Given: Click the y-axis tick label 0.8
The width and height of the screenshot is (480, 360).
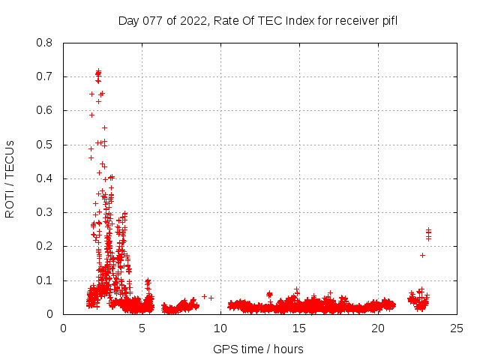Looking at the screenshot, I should pyautogui.click(x=46, y=43).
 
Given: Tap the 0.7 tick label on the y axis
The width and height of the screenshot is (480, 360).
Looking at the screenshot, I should pyautogui.click(x=46, y=76).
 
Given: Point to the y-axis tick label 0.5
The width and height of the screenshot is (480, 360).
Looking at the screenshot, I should pyautogui.click(x=46, y=145).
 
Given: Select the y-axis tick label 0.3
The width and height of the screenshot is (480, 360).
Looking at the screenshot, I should pyautogui.click(x=46, y=212).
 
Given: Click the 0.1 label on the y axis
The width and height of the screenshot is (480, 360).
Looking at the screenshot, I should pyautogui.click(x=46, y=280).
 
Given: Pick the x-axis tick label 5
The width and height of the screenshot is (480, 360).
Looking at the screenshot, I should pyautogui.click(x=142, y=328).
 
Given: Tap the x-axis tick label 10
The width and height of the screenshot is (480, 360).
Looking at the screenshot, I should pyautogui.click(x=220, y=328).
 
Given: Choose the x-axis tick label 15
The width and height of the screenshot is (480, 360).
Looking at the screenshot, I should pyautogui.click(x=299, y=328).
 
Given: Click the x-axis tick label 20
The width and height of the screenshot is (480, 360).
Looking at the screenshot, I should pyautogui.click(x=378, y=328).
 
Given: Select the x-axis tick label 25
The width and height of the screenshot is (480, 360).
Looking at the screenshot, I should pyautogui.click(x=457, y=328).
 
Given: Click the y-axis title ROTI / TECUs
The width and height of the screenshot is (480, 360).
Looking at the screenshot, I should pyautogui.click(x=10, y=178).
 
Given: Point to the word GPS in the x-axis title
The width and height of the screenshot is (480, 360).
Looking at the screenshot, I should pyautogui.click(x=223, y=349).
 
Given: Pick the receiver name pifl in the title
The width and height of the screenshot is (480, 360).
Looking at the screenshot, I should pyautogui.click(x=387, y=20).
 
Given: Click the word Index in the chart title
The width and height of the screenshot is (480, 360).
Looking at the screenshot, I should pyautogui.click(x=298, y=20).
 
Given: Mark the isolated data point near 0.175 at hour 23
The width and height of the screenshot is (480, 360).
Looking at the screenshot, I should pyautogui.click(x=422, y=255).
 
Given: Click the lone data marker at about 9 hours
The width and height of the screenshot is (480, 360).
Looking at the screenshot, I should pyautogui.click(x=204, y=296).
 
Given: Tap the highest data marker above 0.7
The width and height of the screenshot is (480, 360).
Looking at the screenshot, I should pyautogui.click(x=98, y=72).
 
